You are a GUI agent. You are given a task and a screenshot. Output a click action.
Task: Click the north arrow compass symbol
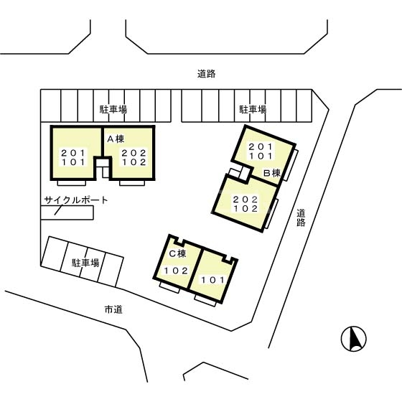pyautogui.click(x=353, y=339)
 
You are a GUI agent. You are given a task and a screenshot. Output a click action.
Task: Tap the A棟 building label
pyautogui.click(x=116, y=139)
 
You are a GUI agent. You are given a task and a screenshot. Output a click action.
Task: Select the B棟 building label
pyautogui.click(x=272, y=173)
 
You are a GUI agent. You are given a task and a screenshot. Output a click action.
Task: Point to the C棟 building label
pyautogui.click(x=178, y=253)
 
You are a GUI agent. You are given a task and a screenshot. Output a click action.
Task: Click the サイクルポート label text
pyautogui.click(x=76, y=200)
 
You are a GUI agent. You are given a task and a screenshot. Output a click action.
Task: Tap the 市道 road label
pyautogui.click(x=113, y=309)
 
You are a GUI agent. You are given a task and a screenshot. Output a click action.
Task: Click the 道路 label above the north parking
pyautogui.click(x=207, y=74)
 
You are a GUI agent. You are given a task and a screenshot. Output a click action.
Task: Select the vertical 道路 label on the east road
pyautogui.click(x=301, y=218)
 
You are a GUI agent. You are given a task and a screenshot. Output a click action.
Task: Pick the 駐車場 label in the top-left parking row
pyautogui.click(x=113, y=109)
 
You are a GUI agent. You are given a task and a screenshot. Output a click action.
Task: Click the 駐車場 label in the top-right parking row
pyautogui.click(x=253, y=109)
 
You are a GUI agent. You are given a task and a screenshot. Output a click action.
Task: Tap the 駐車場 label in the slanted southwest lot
pyautogui.click(x=85, y=263)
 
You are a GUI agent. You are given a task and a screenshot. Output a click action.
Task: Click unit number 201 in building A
pyautogui.click(x=73, y=153)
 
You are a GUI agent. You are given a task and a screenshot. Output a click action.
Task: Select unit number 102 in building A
pyautogui.click(x=134, y=162)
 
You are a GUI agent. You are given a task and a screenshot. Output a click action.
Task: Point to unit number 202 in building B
pyautogui.click(x=246, y=200)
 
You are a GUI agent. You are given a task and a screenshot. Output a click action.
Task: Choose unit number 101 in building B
pyautogui.click(x=261, y=156)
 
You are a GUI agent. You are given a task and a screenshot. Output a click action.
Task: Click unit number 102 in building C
pyautogui.click(x=176, y=271)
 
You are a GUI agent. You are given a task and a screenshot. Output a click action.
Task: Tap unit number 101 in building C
pyautogui.click(x=213, y=280)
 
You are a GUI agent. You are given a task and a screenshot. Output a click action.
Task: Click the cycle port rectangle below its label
pyautogui.click(x=67, y=212)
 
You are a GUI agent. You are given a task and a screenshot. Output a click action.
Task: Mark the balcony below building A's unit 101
pyautogui.click(x=72, y=183)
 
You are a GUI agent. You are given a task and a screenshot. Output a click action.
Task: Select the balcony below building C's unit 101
pyautogui.click(x=205, y=300)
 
